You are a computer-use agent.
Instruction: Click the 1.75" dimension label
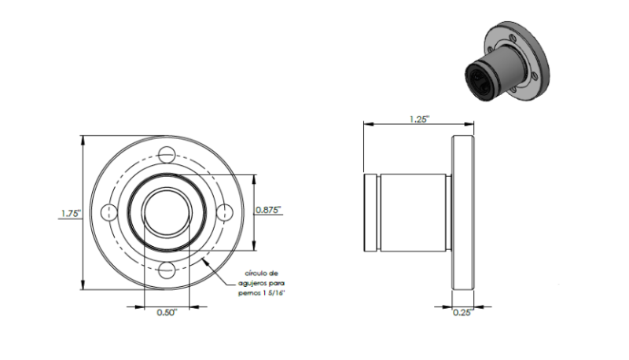(x=71, y=213)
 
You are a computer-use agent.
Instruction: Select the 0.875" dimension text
(x=268, y=210)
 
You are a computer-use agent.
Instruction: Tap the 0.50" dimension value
(x=167, y=313)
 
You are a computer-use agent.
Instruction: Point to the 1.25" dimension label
(x=419, y=119)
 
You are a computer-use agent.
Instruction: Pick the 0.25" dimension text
(x=463, y=313)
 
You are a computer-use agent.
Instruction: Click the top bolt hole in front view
(x=167, y=155)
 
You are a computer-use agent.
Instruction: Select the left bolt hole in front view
(x=109, y=212)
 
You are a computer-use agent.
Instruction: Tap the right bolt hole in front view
(x=225, y=212)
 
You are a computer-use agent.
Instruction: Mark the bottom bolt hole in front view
(x=167, y=270)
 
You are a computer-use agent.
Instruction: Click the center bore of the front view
(x=167, y=212)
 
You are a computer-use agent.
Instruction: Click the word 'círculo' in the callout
(x=256, y=274)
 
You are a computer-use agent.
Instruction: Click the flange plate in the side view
(x=463, y=212)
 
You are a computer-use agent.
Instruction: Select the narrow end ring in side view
(x=370, y=212)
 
